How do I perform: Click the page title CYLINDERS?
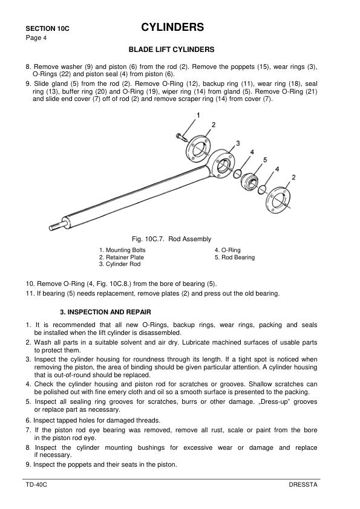click(172, 27)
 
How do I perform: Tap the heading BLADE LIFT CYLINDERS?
click(172, 49)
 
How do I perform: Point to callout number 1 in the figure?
click(198, 115)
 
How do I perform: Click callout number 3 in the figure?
click(238, 143)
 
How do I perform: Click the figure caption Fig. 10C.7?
click(167, 239)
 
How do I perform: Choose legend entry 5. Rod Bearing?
click(234, 258)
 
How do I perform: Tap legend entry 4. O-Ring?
click(227, 250)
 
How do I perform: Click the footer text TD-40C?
click(36, 486)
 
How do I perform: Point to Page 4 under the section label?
click(34, 37)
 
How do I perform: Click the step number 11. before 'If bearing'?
click(30, 294)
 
